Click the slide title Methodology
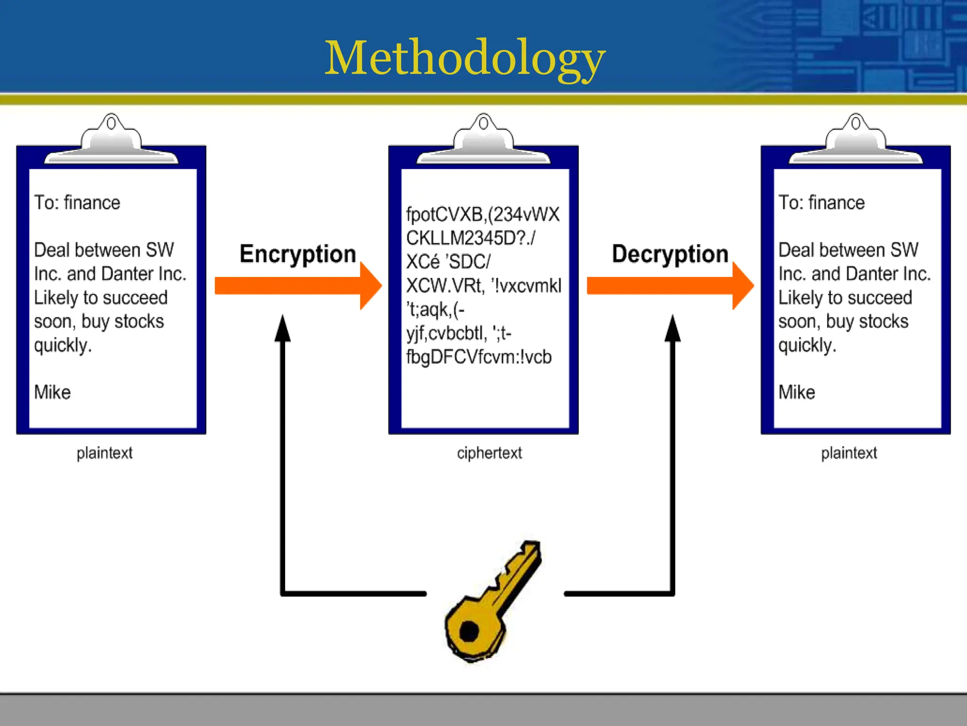click(465, 58)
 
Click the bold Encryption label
click(297, 254)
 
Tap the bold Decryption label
click(670, 254)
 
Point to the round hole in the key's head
click(469, 631)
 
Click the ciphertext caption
click(489, 453)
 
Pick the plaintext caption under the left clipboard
click(104, 453)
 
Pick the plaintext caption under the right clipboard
click(848, 453)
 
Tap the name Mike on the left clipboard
click(52, 392)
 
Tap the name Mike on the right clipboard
click(797, 392)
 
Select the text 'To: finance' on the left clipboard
click(77, 203)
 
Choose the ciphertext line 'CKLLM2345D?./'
click(471, 238)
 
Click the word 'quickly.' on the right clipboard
click(807, 346)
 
